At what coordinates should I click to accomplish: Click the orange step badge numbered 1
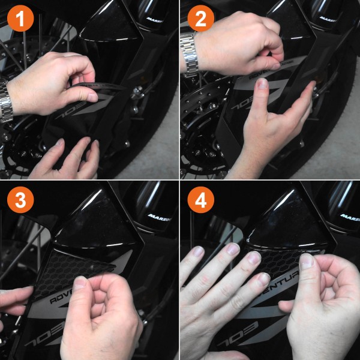click(20, 20)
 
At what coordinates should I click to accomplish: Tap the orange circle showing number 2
click(201, 20)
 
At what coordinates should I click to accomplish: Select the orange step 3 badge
click(20, 201)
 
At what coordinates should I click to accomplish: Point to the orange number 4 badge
click(201, 201)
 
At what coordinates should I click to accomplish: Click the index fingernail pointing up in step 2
click(262, 85)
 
